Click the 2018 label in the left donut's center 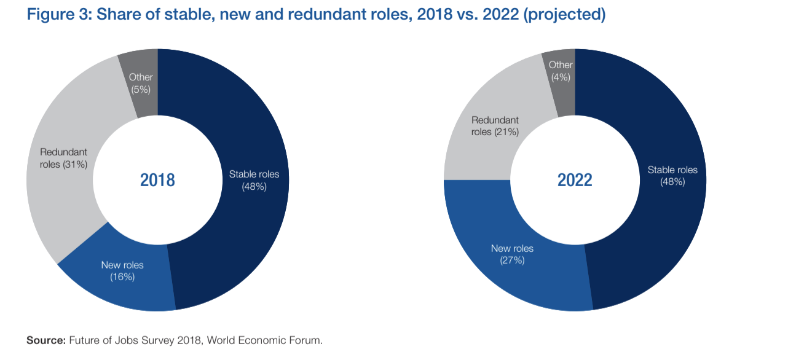[157, 180]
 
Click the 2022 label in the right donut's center [575, 180]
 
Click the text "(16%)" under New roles [122, 277]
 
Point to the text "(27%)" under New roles [512, 260]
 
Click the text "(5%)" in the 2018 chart [141, 89]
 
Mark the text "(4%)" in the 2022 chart [561, 77]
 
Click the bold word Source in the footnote [46, 340]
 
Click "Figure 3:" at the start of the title [60, 14]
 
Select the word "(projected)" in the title [565, 14]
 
